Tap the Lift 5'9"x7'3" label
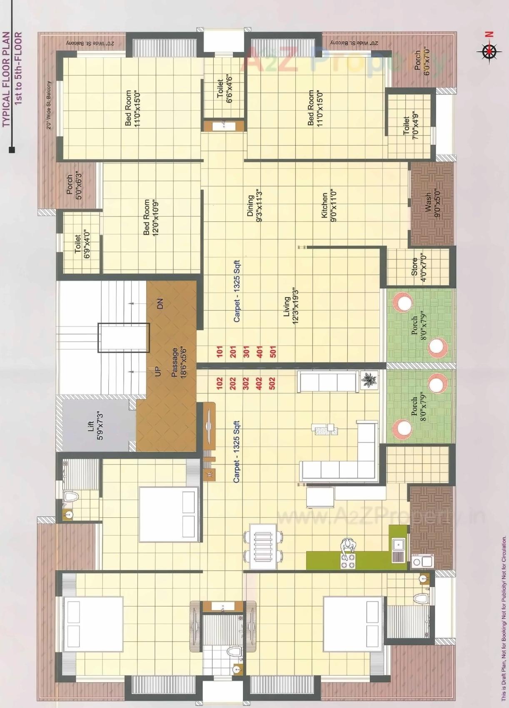(95, 425)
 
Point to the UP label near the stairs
(157, 371)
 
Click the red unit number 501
(273, 351)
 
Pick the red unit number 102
(220, 383)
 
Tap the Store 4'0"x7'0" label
(419, 270)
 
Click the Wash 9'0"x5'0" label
(432, 203)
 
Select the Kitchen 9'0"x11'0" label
(329, 207)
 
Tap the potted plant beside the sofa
(369, 380)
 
